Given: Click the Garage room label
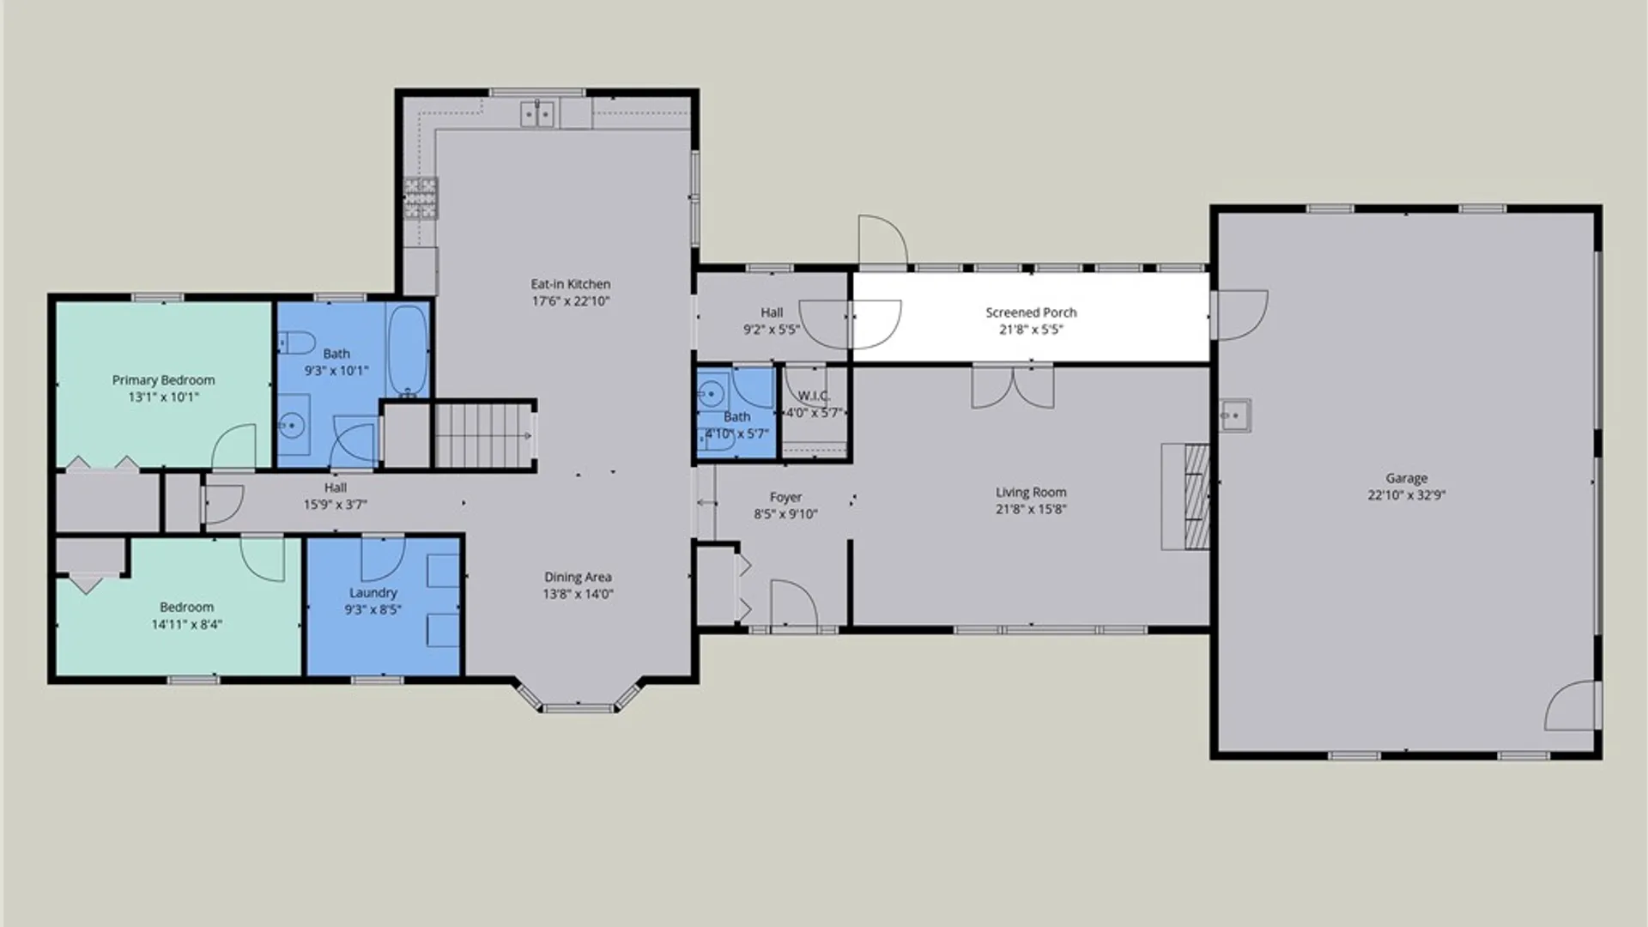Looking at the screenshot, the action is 1406,478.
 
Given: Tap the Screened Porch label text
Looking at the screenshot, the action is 1031,312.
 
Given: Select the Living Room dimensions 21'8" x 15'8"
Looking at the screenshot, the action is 1031,509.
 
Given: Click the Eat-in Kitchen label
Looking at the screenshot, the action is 570,284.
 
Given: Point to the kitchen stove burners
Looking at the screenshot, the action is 421,199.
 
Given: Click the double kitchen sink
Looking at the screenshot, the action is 538,114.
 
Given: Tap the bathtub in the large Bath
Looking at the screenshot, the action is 408,350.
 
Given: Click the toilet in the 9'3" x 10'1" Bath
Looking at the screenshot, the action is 297,344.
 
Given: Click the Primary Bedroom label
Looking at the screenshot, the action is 163,380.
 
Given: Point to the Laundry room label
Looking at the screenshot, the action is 373,593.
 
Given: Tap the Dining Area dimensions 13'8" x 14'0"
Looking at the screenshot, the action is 578,594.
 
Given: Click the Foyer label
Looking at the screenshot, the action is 785,497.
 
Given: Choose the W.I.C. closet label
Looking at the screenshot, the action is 814,396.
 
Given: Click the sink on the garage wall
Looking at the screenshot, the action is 1235,416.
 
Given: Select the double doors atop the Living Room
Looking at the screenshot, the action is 1013,386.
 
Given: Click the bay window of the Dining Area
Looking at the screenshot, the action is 579,696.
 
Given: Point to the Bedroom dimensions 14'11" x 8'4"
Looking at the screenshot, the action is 186,625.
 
